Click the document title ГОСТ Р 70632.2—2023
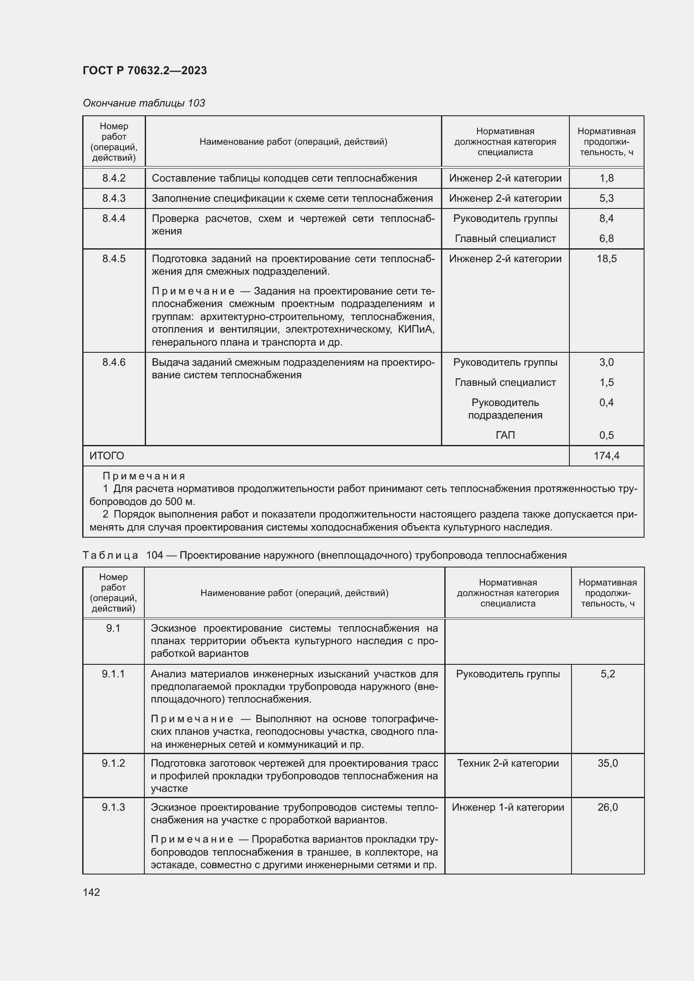[x=145, y=70]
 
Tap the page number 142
[x=91, y=892]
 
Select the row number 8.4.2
[x=114, y=178]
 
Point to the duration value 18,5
[x=606, y=258]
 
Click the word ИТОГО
[x=107, y=456]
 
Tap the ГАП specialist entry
[x=505, y=435]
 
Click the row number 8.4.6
[x=114, y=362]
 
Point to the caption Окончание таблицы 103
[x=144, y=103]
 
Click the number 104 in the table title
[x=155, y=555]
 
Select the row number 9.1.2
[x=113, y=763]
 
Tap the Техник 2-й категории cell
[x=508, y=763]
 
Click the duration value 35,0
[x=607, y=763]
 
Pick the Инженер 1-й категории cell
[x=508, y=807]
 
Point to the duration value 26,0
[x=607, y=807]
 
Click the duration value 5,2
[x=607, y=674]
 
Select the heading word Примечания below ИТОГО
[x=144, y=476]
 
